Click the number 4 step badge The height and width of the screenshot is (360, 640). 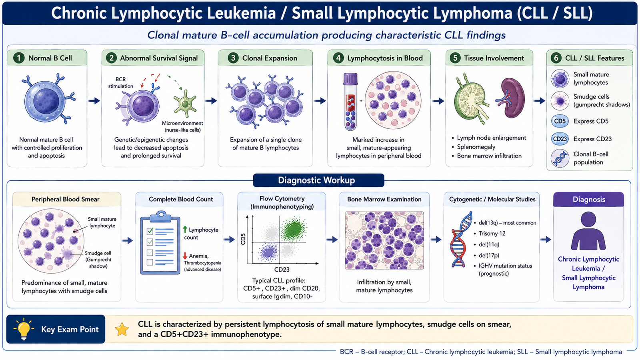(338, 58)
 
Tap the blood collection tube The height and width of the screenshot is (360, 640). (350, 102)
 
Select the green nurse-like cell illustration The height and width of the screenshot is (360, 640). (185, 104)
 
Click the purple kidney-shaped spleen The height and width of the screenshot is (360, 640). (512, 98)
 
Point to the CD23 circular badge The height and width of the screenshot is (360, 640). (560, 139)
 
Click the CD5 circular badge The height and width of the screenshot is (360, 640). (560, 121)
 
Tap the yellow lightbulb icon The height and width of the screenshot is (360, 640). (24, 329)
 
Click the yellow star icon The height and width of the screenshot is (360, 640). (122, 329)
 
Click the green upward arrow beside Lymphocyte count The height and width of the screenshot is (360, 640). (185, 230)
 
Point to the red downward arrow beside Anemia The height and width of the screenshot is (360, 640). (185, 256)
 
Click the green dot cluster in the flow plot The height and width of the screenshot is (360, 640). (294, 228)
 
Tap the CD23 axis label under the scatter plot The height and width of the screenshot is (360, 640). (282, 270)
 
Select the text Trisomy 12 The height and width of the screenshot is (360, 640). (492, 234)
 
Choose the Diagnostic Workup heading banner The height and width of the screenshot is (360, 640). (318, 180)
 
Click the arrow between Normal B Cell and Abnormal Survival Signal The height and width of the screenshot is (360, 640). (94, 100)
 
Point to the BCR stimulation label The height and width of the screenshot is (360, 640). (120, 82)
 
